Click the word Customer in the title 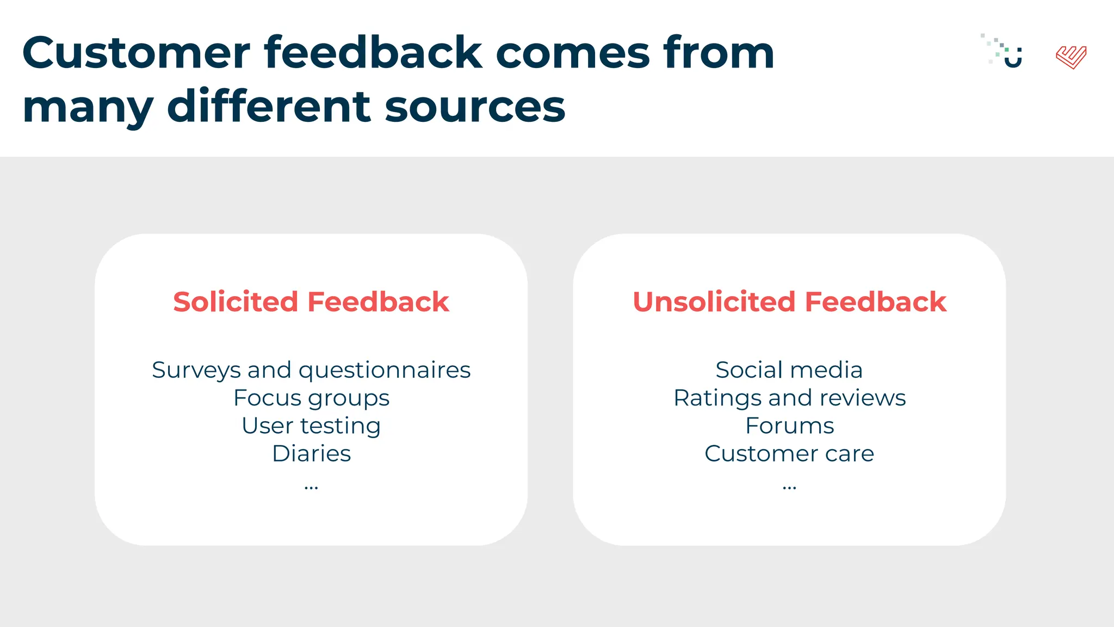136,53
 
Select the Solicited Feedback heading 311,302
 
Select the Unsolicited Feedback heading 789,302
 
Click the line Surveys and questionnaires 311,371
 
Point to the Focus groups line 311,398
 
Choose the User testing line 311,426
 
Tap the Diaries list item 311,454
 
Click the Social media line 789,371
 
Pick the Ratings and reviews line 789,398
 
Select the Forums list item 789,426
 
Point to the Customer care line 789,454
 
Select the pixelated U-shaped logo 1005,52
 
